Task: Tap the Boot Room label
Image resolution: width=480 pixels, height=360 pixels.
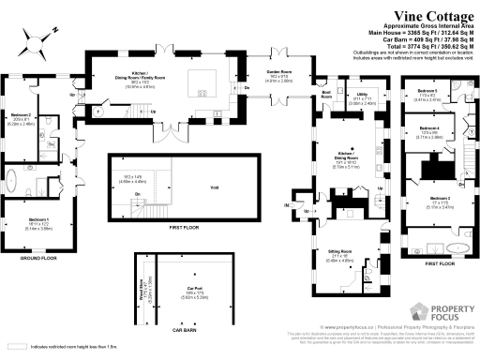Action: (x=328, y=94)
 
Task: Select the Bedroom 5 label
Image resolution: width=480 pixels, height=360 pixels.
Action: (x=428, y=91)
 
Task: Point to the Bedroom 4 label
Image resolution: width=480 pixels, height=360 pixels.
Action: (x=429, y=127)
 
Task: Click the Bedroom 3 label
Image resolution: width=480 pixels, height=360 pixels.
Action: (x=441, y=199)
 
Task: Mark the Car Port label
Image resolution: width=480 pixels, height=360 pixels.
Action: (x=195, y=288)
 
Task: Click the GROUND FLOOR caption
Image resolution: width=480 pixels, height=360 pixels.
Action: (x=39, y=257)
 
